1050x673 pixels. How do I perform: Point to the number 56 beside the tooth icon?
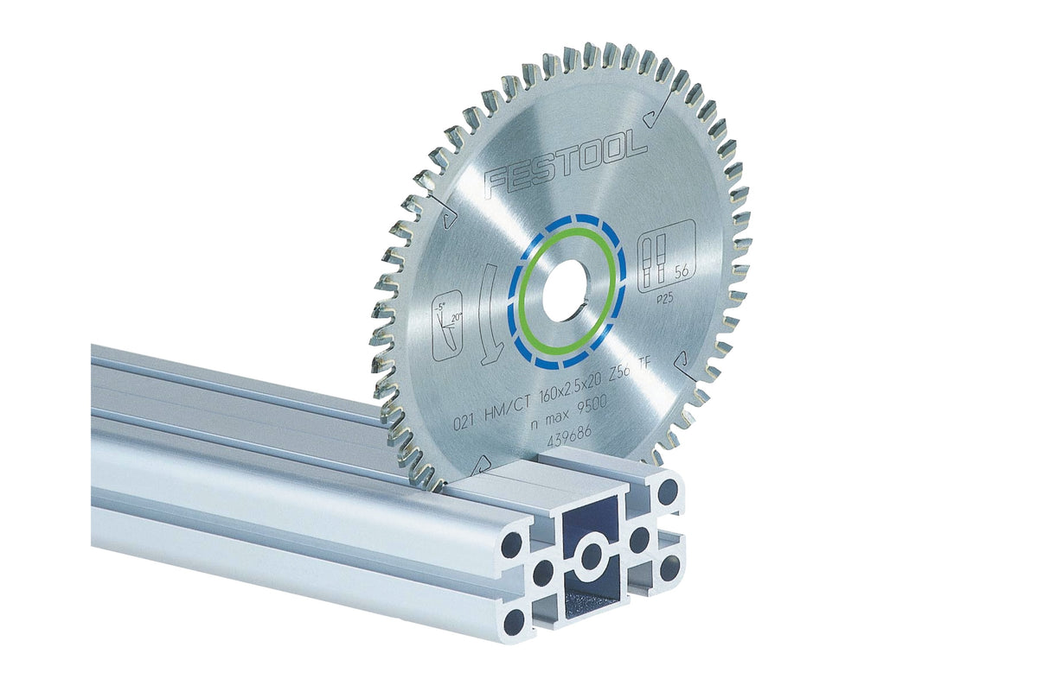pyautogui.click(x=682, y=271)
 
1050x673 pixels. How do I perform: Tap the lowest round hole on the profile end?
pyautogui.click(x=515, y=619)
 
